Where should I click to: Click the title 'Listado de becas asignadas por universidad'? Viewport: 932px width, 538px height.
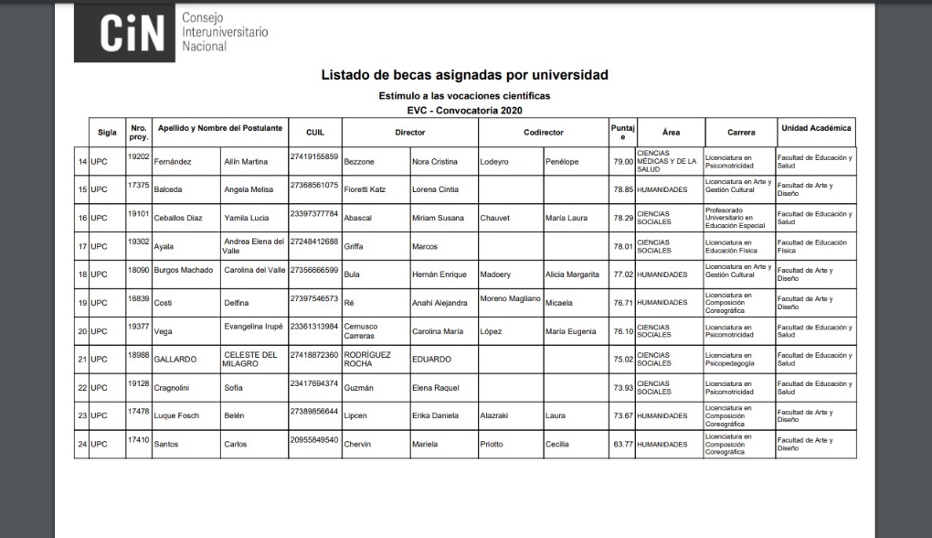464,75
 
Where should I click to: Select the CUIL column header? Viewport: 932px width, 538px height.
315,132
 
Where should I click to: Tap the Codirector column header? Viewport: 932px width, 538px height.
543,132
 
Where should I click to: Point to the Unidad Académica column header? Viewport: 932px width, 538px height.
815,129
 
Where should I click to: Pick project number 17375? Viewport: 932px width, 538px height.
138,185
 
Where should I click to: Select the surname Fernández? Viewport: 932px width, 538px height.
172,162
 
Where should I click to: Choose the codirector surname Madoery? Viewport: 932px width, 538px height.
495,274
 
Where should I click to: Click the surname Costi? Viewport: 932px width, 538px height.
164,303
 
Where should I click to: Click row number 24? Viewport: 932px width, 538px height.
82,444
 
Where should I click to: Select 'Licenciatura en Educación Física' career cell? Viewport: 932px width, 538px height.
737,246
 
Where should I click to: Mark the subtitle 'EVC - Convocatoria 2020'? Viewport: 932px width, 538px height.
464,110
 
